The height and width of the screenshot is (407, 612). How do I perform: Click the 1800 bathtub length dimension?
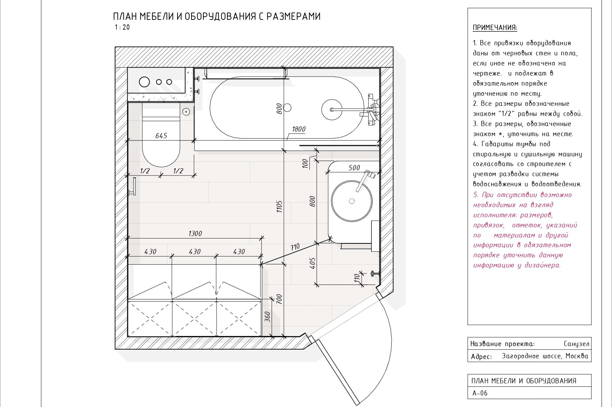[299, 129]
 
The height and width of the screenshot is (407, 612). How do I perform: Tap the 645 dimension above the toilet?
[161, 136]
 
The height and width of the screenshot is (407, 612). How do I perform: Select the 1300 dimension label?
[195, 234]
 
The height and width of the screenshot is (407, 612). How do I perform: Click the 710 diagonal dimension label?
[295, 247]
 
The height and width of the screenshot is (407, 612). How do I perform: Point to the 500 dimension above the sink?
[354, 168]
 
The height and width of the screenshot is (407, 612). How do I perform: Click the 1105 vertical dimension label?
[279, 206]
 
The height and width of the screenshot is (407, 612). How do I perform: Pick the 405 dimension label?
[312, 263]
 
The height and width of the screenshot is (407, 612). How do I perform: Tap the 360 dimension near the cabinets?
[267, 316]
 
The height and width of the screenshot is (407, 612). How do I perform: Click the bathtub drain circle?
[287, 108]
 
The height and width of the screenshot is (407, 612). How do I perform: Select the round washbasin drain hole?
[352, 201]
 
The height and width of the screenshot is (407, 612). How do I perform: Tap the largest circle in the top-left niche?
[144, 82]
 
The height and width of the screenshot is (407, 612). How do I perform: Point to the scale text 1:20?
[122, 28]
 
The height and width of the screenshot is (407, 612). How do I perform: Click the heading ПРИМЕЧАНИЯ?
[495, 28]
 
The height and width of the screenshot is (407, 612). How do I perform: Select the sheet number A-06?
[480, 393]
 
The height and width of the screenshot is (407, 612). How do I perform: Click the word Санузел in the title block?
[576, 344]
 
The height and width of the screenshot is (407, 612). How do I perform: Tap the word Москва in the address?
[576, 356]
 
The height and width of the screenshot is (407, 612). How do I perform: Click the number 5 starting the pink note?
[475, 195]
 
